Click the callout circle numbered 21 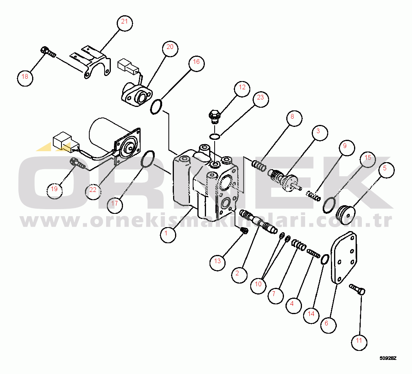coord(125,23)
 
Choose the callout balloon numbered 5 coord(387,170)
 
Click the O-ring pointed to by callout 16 coord(156,107)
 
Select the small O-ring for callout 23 coord(215,136)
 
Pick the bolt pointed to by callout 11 coord(357,289)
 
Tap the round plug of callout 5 coord(346,215)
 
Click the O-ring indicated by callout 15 coord(329,205)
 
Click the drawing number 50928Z coord(388,358)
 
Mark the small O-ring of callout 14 coord(325,259)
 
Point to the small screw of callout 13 coord(244,230)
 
